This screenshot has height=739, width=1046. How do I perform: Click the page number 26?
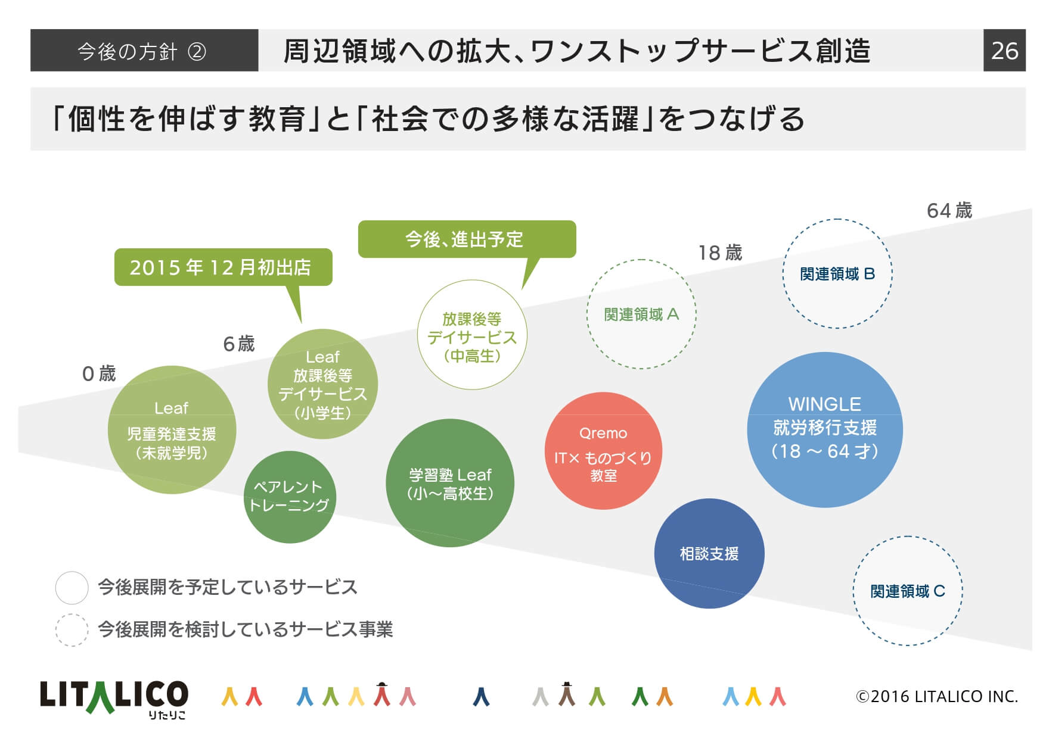tap(1004, 51)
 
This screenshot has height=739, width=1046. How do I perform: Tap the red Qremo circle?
tap(603, 451)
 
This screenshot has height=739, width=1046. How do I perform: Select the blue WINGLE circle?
tap(825, 430)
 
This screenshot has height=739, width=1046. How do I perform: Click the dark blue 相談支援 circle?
tap(709, 553)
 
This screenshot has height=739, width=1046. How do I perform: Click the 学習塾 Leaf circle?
tap(450, 483)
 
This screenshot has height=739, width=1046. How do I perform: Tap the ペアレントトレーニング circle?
tap(290, 497)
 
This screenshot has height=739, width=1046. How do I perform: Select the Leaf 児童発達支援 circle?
tap(172, 430)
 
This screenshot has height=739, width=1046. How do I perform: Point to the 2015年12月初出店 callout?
tap(223, 267)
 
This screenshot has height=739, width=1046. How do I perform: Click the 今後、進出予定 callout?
tap(467, 239)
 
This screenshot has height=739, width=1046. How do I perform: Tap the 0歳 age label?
tap(99, 374)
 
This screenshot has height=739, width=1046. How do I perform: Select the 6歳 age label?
tap(238, 344)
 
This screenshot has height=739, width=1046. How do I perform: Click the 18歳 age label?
tap(720, 253)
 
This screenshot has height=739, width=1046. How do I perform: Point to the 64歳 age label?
tap(949, 211)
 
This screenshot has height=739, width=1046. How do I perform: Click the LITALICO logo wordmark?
tap(114, 697)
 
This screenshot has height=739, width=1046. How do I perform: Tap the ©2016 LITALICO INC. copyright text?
tap(937, 696)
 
